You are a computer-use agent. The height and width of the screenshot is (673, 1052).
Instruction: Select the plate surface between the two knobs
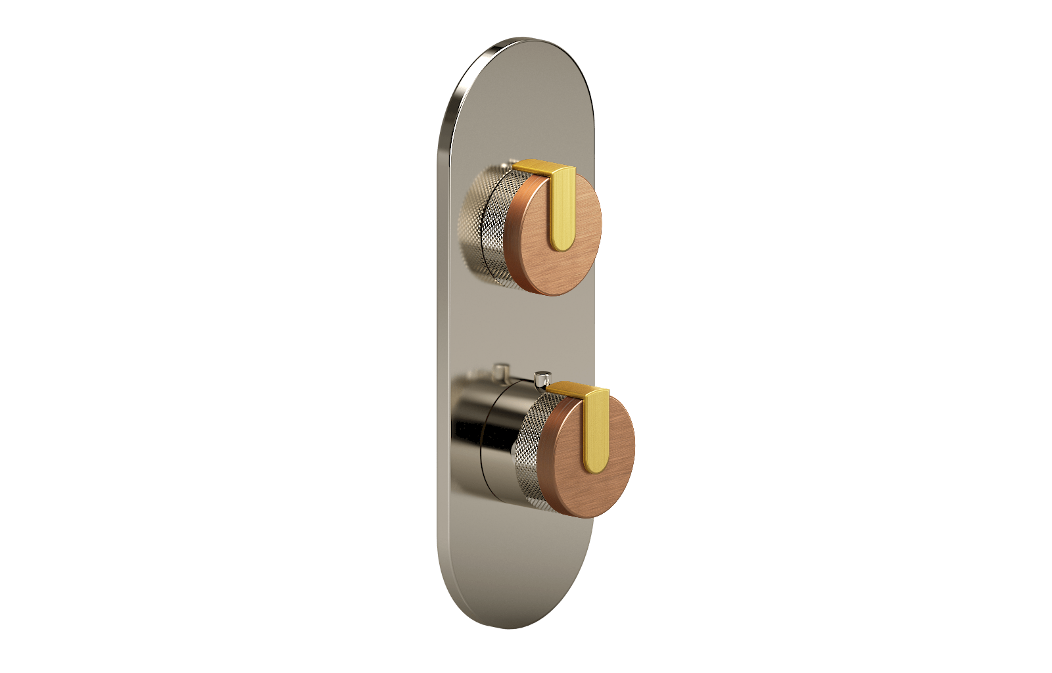[519, 329]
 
